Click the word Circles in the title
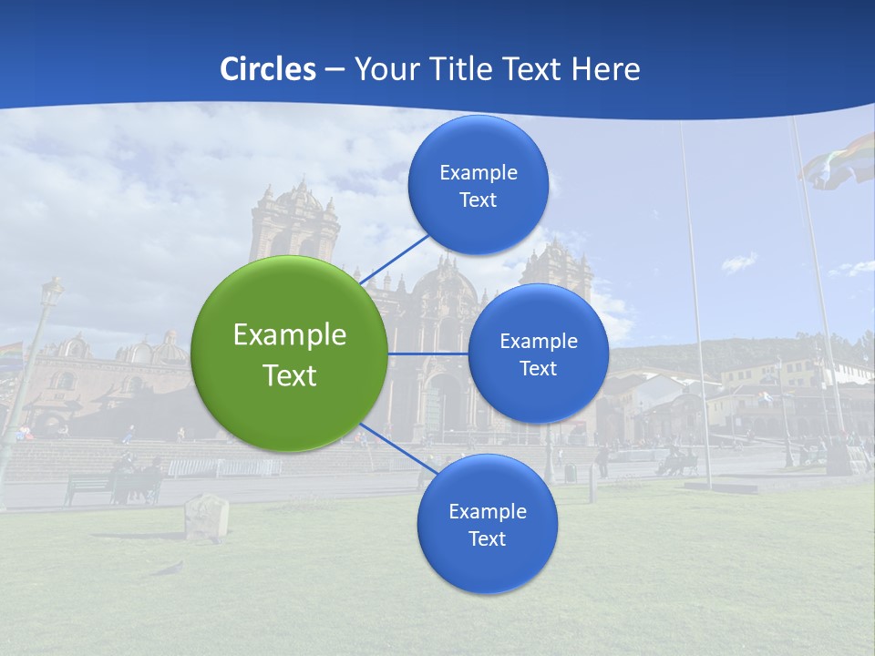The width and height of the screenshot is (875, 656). [268, 69]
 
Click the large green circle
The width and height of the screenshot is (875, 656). [290, 354]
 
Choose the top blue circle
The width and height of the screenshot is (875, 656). [478, 185]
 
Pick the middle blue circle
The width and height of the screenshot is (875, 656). [538, 354]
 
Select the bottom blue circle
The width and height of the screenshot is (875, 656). [487, 524]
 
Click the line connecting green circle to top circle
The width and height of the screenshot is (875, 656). [396, 259]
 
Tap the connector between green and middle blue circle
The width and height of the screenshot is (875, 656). [427, 354]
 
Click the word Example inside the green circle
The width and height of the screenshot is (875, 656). [290, 334]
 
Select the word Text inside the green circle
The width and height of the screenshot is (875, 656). [290, 375]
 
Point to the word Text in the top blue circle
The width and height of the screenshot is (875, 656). [478, 200]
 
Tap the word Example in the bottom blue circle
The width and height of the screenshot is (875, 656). [487, 511]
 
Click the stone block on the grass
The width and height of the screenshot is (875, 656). [206, 517]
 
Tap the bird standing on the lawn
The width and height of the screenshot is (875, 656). [168, 569]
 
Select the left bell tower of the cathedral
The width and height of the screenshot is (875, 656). [293, 224]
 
